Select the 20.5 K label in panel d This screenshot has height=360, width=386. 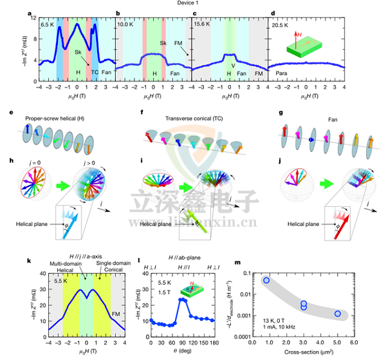coord(280,24)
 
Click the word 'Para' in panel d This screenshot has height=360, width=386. coord(281,73)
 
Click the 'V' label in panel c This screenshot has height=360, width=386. coord(233,64)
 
